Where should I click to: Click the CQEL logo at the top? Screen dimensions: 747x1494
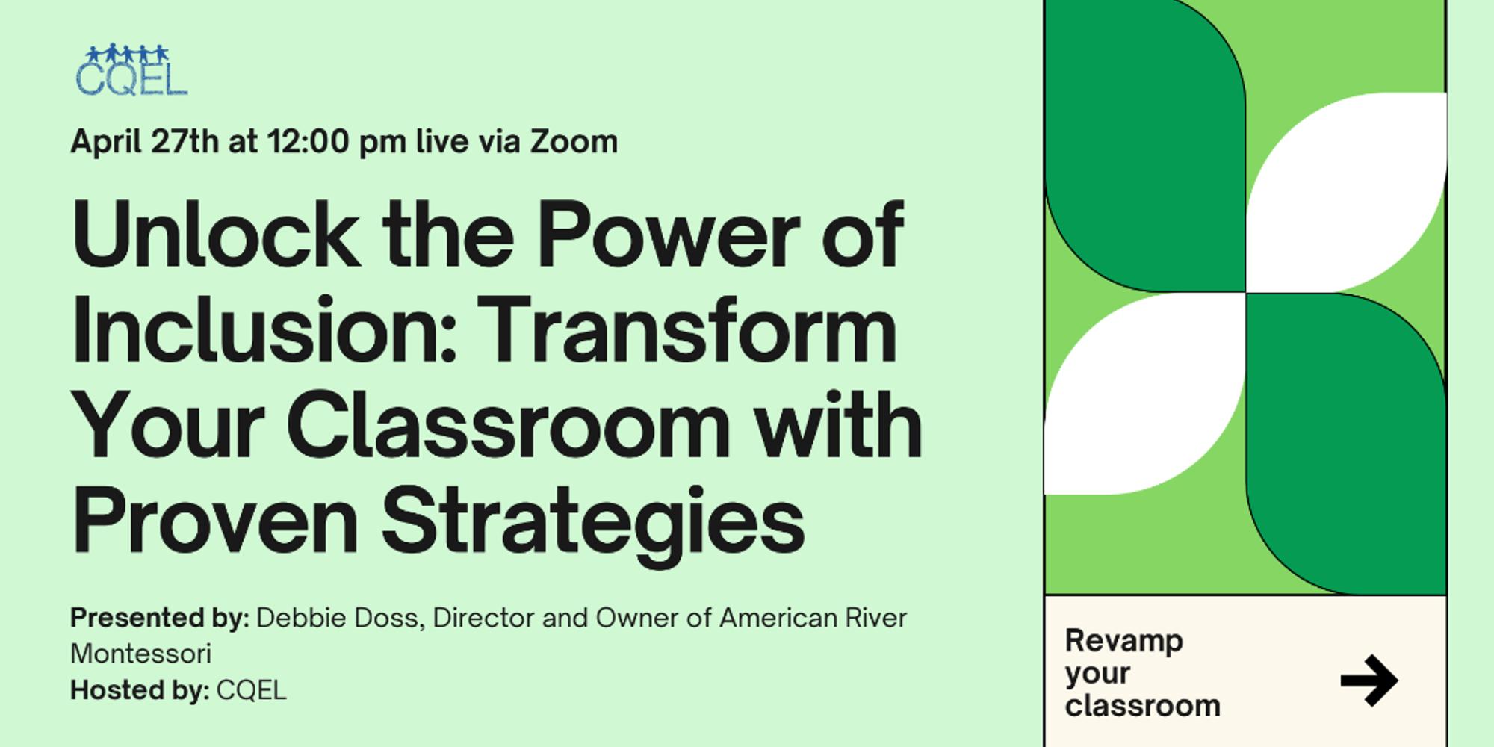(131, 71)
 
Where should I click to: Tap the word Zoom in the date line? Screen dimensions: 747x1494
(574, 141)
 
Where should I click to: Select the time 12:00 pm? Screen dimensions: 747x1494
(337, 141)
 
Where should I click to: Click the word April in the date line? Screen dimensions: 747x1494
(107, 141)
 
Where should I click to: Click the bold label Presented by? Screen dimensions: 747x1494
(159, 618)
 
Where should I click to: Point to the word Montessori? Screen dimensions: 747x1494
(141, 654)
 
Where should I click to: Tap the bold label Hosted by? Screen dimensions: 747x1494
(140, 690)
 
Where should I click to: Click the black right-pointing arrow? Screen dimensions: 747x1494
(1369, 681)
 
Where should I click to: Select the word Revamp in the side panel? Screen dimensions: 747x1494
(1123, 641)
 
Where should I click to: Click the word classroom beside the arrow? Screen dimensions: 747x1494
(1142, 706)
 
